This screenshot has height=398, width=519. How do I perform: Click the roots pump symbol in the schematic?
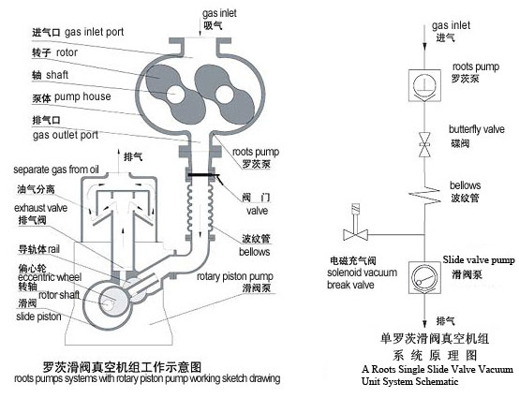click(x=424, y=86)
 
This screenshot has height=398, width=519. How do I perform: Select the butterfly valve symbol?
click(x=424, y=144)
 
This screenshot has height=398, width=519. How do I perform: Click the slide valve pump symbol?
click(x=424, y=278)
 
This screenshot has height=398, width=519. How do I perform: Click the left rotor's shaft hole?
click(x=175, y=94)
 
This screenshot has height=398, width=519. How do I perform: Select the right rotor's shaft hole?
click(x=225, y=94)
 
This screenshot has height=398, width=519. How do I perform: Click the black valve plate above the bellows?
click(x=200, y=175)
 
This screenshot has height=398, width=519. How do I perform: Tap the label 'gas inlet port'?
click(x=94, y=32)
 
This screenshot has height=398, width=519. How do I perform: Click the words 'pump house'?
click(x=82, y=96)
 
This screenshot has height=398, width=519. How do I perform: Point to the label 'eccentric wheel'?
click(x=50, y=277)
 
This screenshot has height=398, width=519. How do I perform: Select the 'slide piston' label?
click(x=38, y=317)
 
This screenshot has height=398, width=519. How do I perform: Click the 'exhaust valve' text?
click(x=40, y=208)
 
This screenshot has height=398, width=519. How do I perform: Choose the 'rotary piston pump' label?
click(x=235, y=276)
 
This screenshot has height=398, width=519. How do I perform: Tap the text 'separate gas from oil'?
click(x=56, y=170)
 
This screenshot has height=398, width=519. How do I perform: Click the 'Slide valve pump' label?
click(x=479, y=260)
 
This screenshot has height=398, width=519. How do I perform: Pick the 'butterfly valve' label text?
click(x=477, y=129)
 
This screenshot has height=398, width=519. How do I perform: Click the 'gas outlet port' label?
click(x=66, y=135)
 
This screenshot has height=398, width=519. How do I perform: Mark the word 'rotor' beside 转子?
click(x=67, y=52)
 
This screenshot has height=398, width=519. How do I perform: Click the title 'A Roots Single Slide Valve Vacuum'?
click(x=437, y=369)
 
